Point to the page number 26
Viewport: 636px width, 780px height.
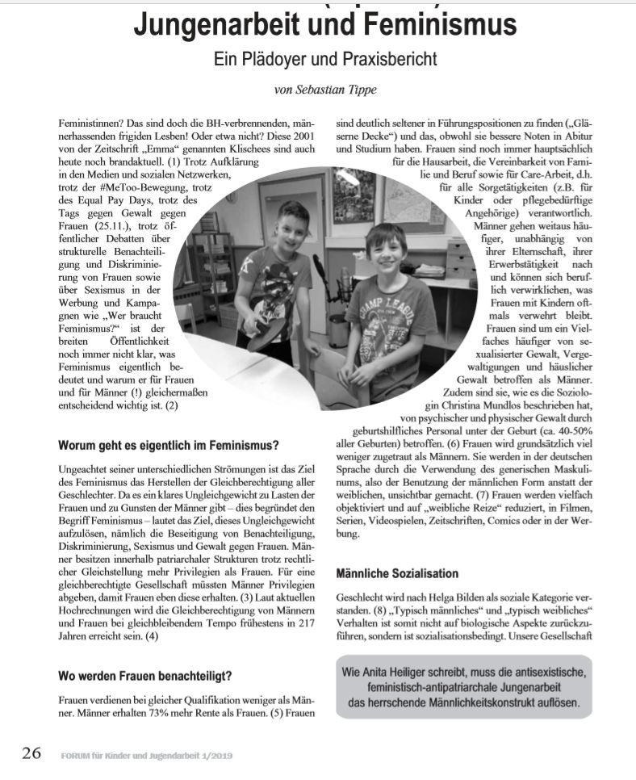tap(31, 753)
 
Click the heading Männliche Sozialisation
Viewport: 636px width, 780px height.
tap(397, 573)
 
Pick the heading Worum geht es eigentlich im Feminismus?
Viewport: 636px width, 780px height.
tap(169, 444)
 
